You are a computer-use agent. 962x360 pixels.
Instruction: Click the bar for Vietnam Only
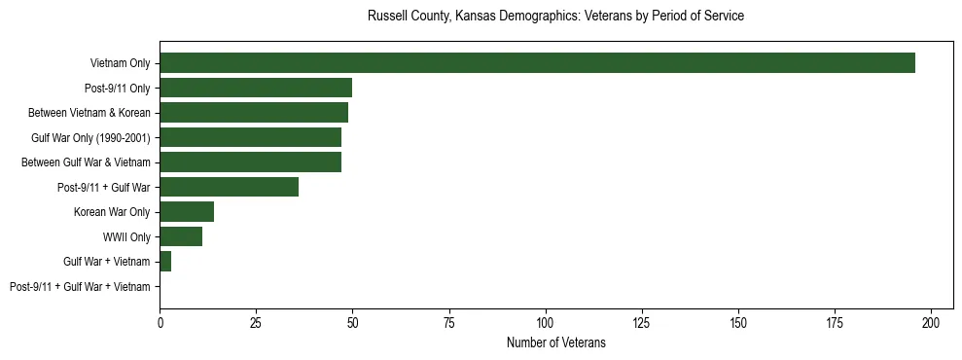(537, 63)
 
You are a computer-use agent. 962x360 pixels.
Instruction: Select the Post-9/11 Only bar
(256, 88)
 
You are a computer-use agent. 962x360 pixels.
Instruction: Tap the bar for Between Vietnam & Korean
(254, 113)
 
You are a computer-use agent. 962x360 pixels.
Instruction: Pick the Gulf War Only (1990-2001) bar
(250, 137)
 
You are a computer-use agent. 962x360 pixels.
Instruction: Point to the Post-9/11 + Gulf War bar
(229, 187)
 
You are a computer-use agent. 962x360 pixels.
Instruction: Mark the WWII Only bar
(181, 236)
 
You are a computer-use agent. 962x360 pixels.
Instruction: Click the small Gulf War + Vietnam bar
(165, 262)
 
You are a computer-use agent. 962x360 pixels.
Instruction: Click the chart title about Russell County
(555, 17)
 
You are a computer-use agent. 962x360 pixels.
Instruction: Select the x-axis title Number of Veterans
(555, 342)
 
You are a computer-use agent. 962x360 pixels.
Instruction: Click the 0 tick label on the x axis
(160, 321)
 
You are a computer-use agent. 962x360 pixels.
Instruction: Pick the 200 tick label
(931, 321)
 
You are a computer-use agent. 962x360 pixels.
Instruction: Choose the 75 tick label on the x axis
(449, 321)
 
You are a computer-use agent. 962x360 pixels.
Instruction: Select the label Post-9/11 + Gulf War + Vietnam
(80, 287)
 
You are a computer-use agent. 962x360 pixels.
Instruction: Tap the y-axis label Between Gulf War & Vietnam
(86, 162)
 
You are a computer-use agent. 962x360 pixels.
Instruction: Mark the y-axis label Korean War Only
(112, 212)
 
